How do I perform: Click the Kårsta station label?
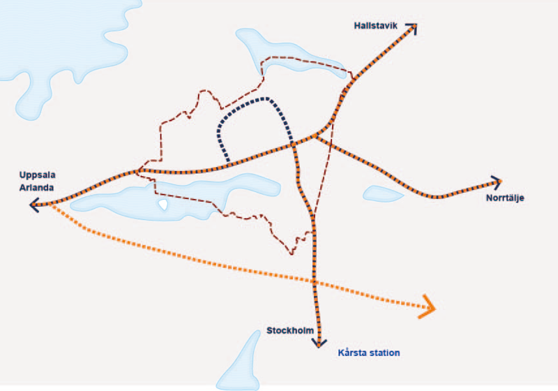369,353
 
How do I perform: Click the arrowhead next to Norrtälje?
497,182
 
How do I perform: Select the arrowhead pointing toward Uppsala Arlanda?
33,205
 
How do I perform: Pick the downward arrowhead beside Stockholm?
319,343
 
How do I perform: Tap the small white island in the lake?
163,205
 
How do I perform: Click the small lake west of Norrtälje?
383,193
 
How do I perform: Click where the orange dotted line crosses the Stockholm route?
315,281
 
